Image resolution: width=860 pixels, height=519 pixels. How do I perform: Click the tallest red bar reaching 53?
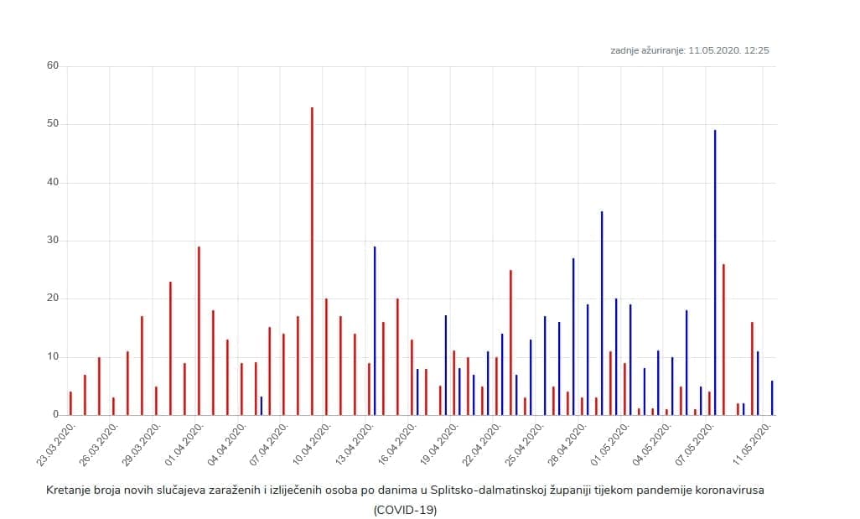tap(312, 261)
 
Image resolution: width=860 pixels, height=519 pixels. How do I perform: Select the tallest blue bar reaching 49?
tap(715, 272)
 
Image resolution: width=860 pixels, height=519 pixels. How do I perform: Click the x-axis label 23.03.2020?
tap(58, 449)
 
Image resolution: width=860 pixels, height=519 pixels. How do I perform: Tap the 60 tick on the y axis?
tap(53, 66)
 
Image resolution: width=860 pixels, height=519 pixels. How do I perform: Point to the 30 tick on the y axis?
tap(53, 241)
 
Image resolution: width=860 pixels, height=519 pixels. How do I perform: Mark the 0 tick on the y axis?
tap(56, 414)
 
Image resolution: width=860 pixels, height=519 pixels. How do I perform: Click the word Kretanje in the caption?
tap(69, 490)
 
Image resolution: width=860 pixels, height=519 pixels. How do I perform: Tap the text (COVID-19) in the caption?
tap(405, 509)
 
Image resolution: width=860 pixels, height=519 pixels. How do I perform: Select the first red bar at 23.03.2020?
tap(70, 403)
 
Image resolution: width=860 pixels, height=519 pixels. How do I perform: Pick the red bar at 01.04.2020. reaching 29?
tap(199, 330)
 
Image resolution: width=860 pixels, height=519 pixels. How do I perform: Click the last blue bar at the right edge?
tap(772, 398)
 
